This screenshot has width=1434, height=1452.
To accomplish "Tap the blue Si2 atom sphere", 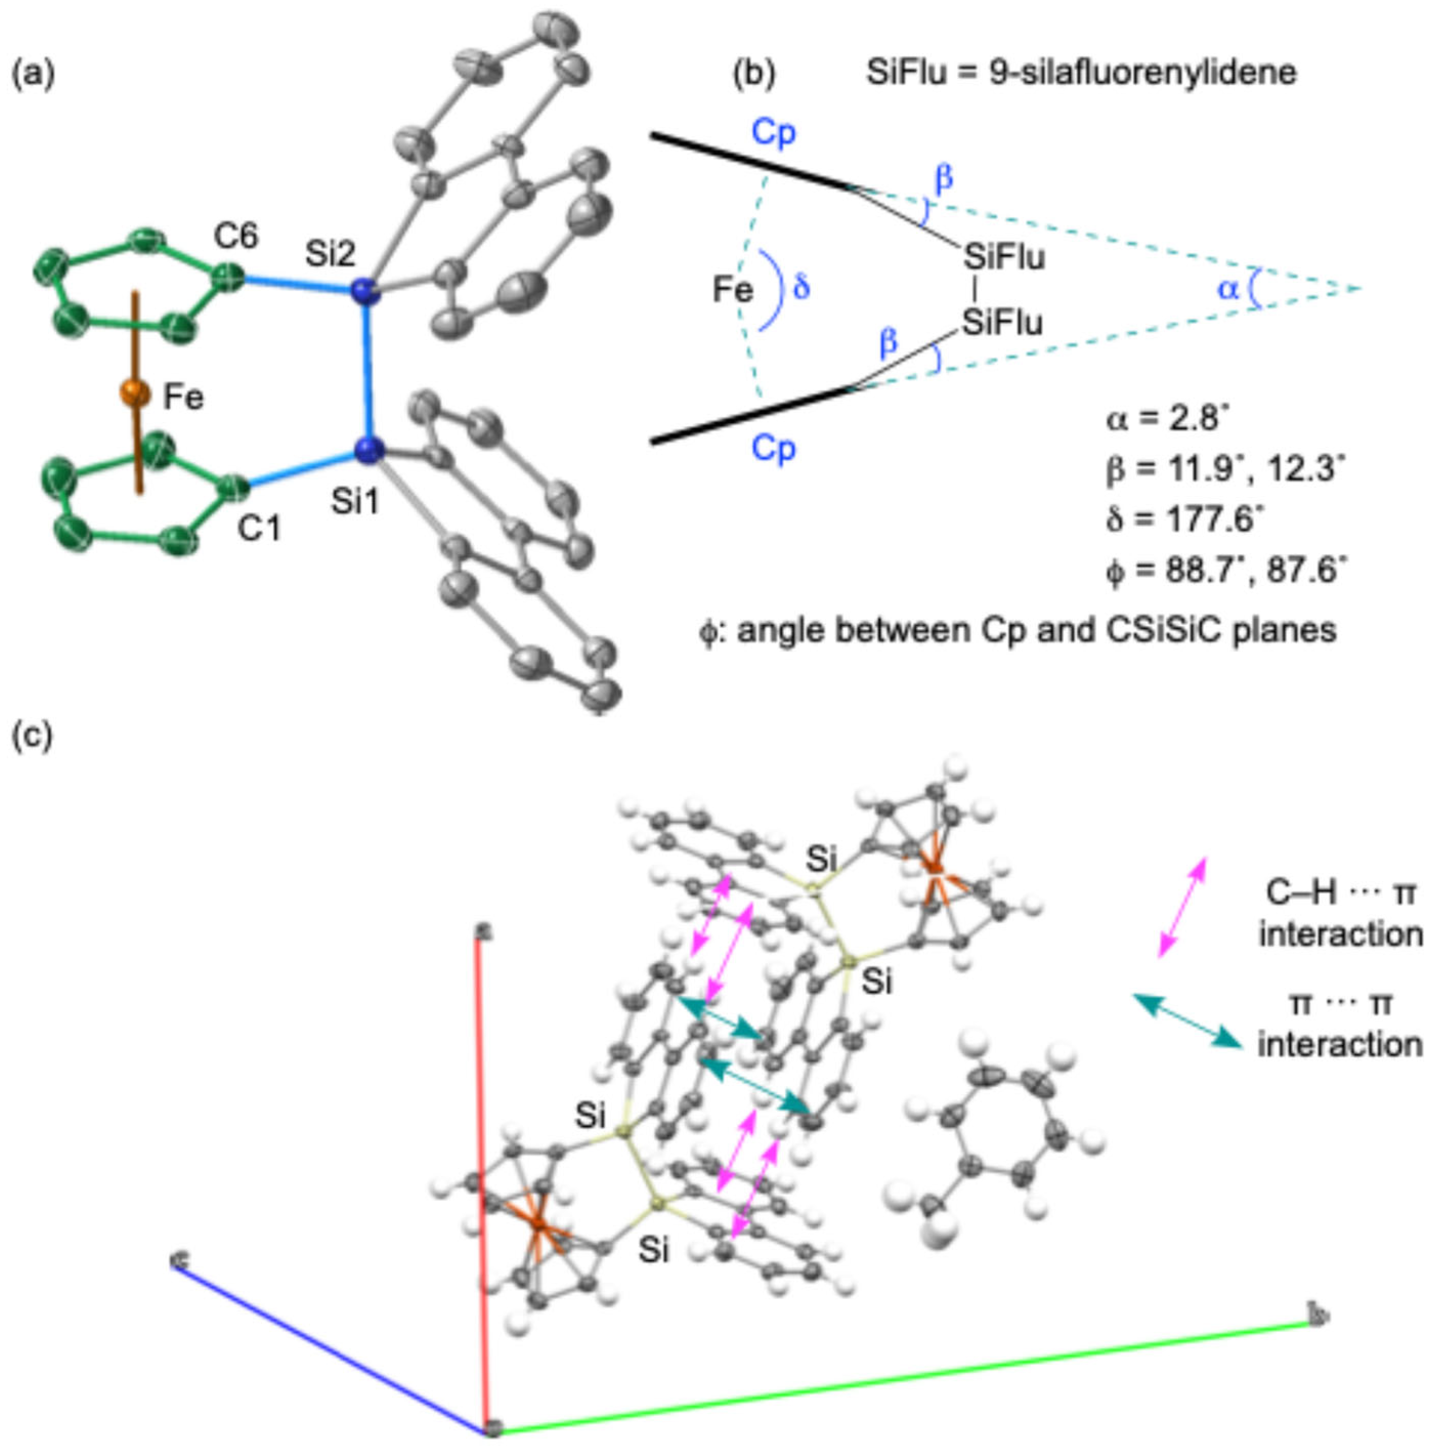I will pyautogui.click(x=365, y=291).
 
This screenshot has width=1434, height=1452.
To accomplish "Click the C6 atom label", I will pyautogui.click(x=236, y=237).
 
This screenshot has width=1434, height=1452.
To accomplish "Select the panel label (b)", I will pyautogui.click(x=754, y=73).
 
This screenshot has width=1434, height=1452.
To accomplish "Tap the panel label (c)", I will pyautogui.click(x=32, y=735).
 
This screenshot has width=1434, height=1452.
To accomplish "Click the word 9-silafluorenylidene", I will pyautogui.click(x=1142, y=73).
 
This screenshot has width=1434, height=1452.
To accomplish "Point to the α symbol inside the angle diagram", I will pyautogui.click(x=1227, y=288).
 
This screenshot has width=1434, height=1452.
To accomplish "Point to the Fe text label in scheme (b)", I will pyautogui.click(x=733, y=289).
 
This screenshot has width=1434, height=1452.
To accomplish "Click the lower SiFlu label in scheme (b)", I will pyautogui.click(x=1003, y=323).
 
